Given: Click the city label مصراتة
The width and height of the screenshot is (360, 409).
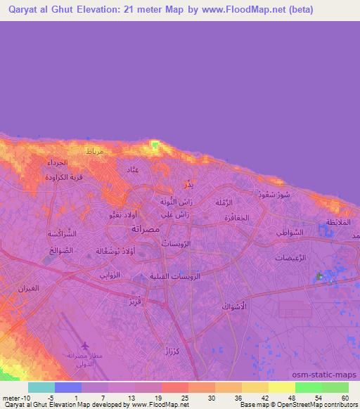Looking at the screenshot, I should [149, 230].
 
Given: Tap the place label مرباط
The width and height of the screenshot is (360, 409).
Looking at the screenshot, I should [94, 152].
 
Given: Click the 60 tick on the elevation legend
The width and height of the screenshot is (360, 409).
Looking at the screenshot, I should [345, 397].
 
